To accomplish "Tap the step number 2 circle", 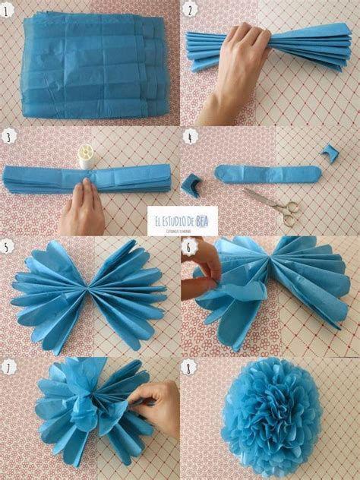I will pyautogui.click(x=190, y=11).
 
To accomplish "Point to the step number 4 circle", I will pyautogui.click(x=190, y=137).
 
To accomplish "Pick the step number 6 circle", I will pyautogui.click(x=190, y=247).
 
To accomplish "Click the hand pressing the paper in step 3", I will pyautogui.click(x=81, y=209).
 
